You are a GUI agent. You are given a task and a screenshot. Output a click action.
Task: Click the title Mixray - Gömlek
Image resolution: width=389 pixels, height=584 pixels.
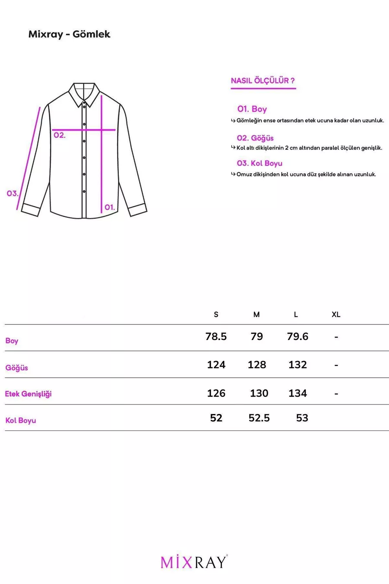pos(69,34)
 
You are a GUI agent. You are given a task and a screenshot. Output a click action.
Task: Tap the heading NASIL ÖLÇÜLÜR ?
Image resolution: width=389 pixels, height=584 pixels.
pos(263,80)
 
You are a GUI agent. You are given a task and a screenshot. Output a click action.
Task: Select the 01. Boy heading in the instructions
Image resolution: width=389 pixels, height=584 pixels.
pos(252,109)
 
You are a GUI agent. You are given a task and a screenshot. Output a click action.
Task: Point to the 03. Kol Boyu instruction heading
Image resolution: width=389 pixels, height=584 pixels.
pos(259,163)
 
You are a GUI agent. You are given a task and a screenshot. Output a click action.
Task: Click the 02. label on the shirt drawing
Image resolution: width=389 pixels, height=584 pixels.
pos(60,135)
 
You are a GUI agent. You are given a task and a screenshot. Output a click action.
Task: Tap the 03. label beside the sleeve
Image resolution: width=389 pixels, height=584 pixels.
pos(13,193)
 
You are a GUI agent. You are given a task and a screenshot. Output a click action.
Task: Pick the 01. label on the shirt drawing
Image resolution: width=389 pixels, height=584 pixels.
pos(110,207)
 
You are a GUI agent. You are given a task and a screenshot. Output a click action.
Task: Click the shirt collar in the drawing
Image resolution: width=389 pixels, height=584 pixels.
pos(84,93)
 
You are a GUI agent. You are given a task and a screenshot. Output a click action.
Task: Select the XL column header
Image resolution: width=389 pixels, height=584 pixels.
pos(336,314)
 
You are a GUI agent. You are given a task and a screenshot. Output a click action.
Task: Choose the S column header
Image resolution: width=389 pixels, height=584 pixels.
pos(216,314)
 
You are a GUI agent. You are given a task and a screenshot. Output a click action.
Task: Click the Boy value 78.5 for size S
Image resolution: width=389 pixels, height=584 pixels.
pos(216,337)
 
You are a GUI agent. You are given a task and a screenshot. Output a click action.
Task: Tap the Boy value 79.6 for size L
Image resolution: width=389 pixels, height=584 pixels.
pos(297,337)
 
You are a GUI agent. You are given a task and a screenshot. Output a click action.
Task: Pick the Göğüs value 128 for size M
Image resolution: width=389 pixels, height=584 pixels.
pos(257,365)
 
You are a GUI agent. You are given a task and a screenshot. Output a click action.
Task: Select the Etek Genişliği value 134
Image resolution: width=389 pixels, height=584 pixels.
pos(297,393)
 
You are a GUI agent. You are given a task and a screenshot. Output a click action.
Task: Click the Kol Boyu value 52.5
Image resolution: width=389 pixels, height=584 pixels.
pos(259,418)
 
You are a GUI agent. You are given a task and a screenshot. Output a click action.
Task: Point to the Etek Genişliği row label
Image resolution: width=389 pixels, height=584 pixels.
pos(28,394)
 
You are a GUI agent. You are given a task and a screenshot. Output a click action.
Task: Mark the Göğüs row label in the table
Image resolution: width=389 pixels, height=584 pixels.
pos(16,368)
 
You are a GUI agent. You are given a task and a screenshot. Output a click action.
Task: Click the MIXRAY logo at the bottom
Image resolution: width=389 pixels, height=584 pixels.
pos(194,562)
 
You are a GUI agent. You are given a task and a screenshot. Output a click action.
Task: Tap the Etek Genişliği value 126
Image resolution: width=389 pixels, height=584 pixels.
pos(216,393)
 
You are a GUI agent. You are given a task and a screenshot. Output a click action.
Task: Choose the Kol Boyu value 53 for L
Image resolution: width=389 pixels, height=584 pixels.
pos(302,418)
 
